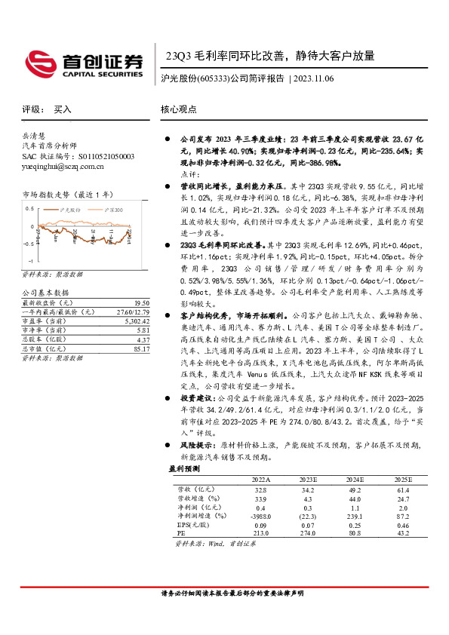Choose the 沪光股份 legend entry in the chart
pyautogui.click(x=69, y=208)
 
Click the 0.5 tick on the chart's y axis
pyautogui.click(x=29, y=207)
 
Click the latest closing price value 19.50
pyautogui.click(x=141, y=302)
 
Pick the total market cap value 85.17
pyautogui.click(x=140, y=348)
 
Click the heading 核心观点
pyautogui.click(x=178, y=109)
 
